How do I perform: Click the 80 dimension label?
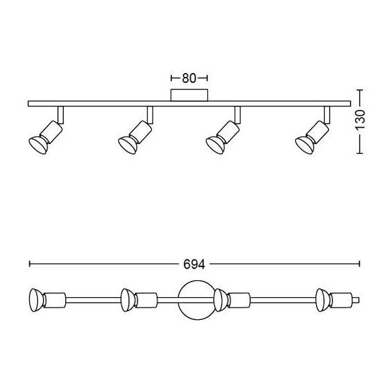189,78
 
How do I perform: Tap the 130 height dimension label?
360,120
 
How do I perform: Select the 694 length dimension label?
194,265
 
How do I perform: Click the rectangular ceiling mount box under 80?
189,95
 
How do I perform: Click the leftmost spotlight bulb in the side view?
38,145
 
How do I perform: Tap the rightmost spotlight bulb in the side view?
304,145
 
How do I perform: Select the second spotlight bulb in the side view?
128,145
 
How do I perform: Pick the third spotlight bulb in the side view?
215,145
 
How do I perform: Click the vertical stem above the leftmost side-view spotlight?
61,115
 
